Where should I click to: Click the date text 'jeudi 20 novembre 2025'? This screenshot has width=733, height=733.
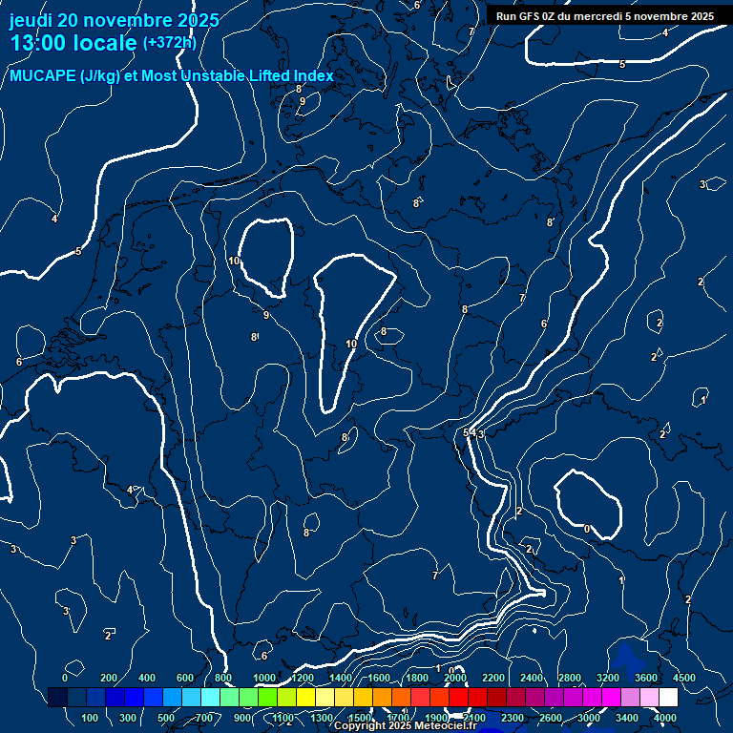tap(115, 20)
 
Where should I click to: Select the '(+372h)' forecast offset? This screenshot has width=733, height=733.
tap(169, 42)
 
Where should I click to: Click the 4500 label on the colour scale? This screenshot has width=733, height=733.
tap(683, 678)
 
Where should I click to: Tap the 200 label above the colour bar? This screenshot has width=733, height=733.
tap(108, 678)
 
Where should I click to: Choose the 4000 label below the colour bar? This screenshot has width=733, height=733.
tap(665, 718)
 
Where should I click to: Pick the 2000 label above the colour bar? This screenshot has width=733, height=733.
tap(454, 678)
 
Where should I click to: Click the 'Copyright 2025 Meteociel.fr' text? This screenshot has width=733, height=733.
tap(405, 726)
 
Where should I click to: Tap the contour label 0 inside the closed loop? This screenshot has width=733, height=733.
tap(586, 529)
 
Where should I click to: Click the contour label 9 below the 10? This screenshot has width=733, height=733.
tap(265, 314)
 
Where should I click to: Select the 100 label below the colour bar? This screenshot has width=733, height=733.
tap(90, 718)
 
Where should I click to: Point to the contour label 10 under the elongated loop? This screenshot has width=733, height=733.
tap(351, 344)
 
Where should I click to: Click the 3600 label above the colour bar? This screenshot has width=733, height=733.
tap(646, 678)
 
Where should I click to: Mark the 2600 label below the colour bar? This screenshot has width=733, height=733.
tap(551, 718)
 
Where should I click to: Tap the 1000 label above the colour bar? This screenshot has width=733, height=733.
tap(262, 678)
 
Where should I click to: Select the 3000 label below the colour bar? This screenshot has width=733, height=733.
tap(589, 718)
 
